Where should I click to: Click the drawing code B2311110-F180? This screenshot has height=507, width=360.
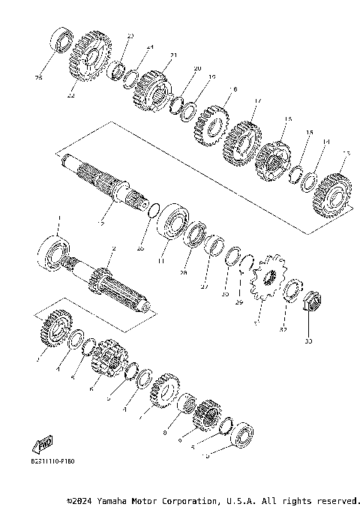[x=53, y=461]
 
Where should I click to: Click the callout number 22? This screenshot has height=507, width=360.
[x=70, y=96]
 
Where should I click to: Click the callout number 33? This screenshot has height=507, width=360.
[x=307, y=342]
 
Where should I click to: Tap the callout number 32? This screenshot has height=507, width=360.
[x=283, y=329]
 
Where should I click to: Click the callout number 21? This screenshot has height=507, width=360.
[x=173, y=55]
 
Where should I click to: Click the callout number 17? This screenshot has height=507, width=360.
[x=257, y=101]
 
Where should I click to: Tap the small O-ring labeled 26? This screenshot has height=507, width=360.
[x=153, y=210]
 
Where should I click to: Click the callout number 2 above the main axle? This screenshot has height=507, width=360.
[x=113, y=248]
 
